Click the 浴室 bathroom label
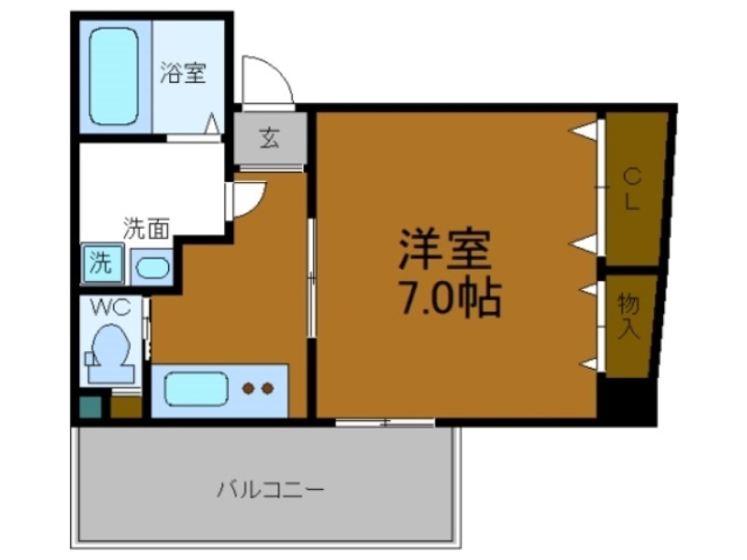[x=183, y=73]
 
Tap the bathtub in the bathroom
[x=114, y=77]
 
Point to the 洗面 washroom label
[x=148, y=227]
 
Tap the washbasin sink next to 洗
[x=151, y=269]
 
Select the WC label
[x=110, y=306]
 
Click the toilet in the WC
[x=109, y=353]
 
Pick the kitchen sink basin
[x=190, y=388]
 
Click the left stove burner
[x=249, y=388]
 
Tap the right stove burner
[x=267, y=388]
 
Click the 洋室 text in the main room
[x=444, y=249]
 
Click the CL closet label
[x=632, y=188]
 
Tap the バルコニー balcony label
[x=271, y=488]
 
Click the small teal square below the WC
[x=89, y=407]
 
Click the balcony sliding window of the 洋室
[x=385, y=423]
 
